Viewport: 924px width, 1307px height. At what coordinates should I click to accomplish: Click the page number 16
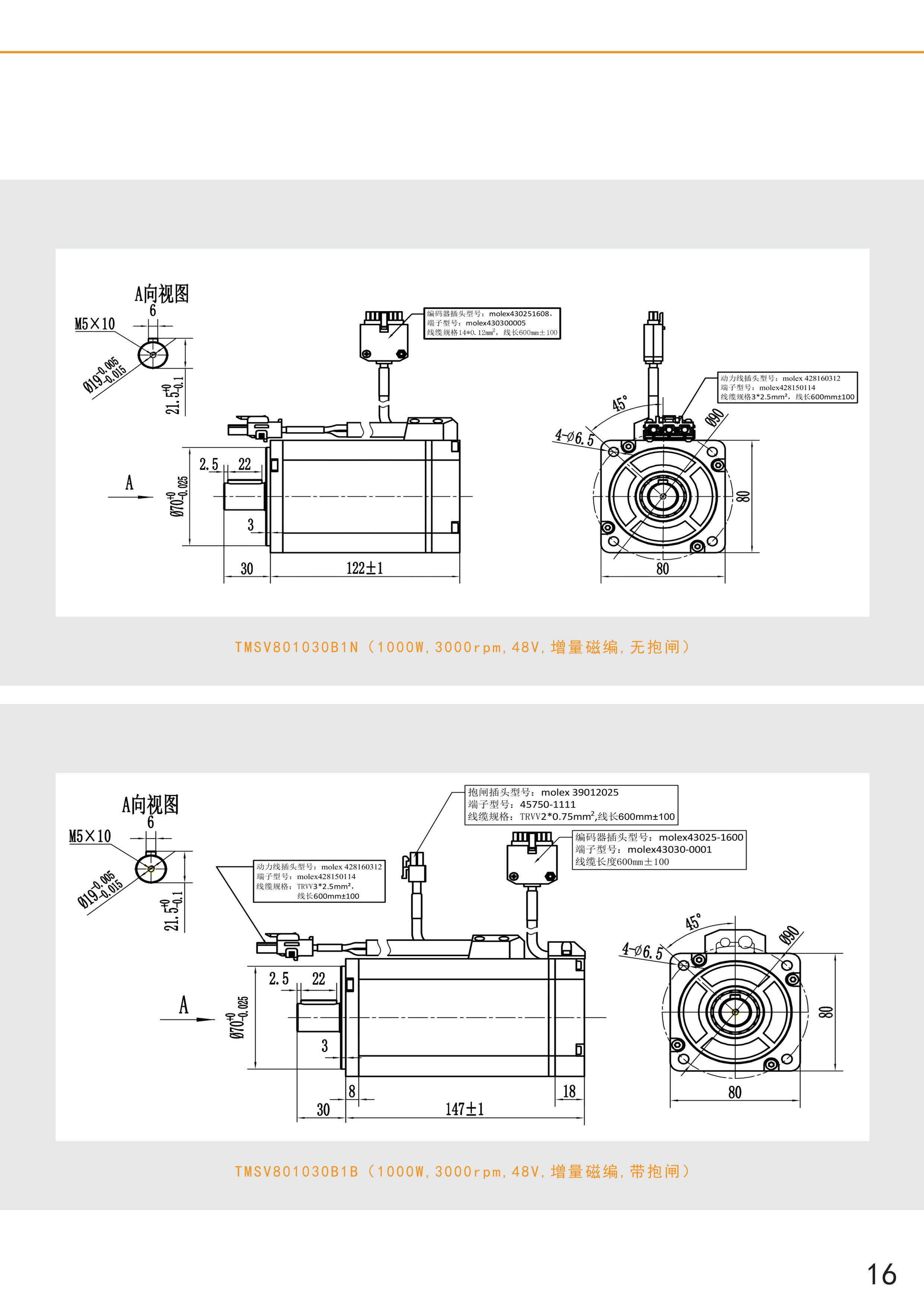[x=881, y=1274]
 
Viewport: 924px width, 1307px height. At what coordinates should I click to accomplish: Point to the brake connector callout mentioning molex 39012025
[x=571, y=804]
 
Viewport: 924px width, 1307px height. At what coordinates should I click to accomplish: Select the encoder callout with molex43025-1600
[x=659, y=849]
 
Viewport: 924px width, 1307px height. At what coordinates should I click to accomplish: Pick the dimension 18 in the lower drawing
[x=569, y=1091]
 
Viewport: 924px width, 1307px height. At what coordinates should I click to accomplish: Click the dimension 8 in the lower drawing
[x=352, y=1091]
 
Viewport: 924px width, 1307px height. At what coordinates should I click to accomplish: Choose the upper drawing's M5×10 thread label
[x=94, y=324]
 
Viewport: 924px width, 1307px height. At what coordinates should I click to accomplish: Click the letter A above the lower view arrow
[x=183, y=1005]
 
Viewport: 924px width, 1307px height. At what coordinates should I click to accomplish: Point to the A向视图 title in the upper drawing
[x=162, y=294]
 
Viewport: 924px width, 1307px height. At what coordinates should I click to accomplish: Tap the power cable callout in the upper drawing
[x=787, y=388]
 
